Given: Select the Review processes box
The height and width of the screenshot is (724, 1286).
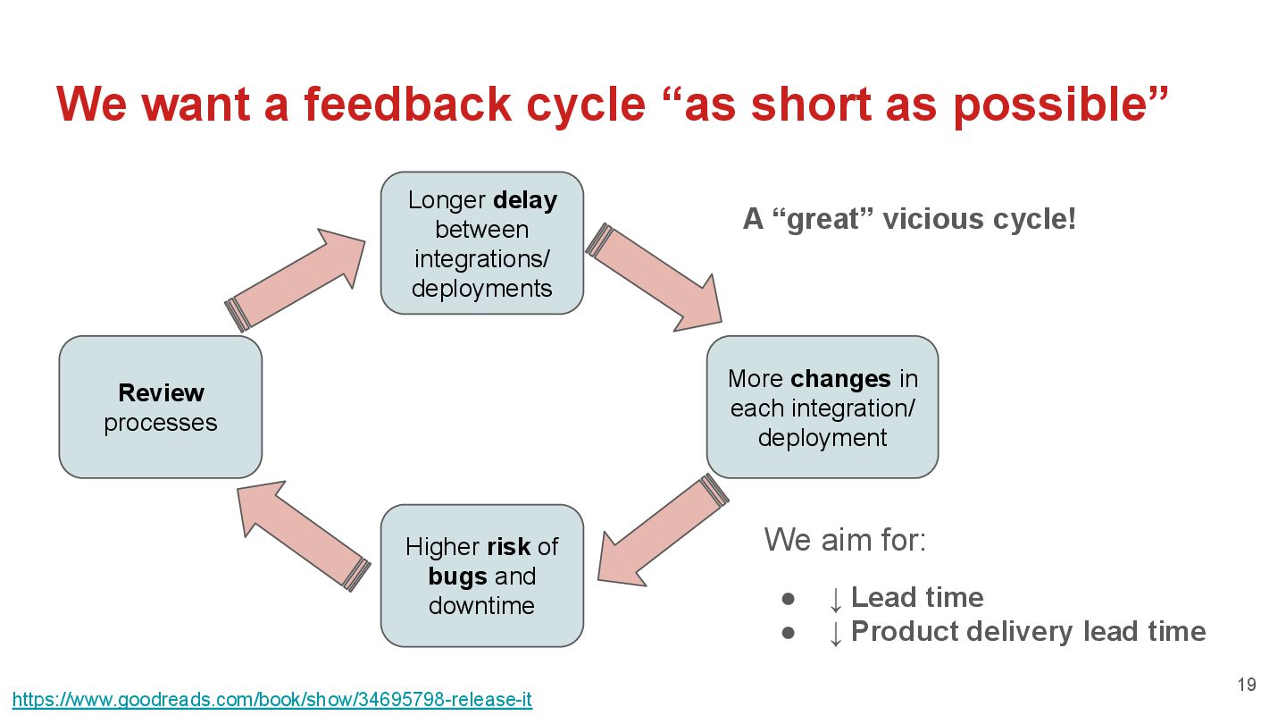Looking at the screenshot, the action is coord(161,407).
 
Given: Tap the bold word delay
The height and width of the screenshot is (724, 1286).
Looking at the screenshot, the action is coord(524,200).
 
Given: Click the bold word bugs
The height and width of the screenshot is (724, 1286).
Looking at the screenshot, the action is coord(457,576).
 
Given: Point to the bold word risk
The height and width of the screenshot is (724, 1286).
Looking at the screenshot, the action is coord(508,546).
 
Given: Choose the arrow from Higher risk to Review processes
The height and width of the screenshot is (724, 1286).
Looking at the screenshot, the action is coord(304,534).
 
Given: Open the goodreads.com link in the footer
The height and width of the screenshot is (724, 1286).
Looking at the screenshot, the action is coord(272,700).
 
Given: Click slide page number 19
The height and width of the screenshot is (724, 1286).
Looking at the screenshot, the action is coord(1247,686).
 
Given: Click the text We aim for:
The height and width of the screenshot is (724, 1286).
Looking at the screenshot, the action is coord(845,540).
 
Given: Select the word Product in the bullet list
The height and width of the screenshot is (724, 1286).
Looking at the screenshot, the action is coord(903,632).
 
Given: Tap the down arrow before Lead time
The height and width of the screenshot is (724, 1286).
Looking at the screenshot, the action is coord(835,598).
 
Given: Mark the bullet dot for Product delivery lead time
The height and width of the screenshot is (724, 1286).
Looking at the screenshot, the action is coord(788,632).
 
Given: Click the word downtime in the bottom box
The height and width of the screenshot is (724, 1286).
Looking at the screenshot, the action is coord(481,605).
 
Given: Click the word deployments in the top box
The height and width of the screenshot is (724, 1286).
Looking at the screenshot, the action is coord(481,289).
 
